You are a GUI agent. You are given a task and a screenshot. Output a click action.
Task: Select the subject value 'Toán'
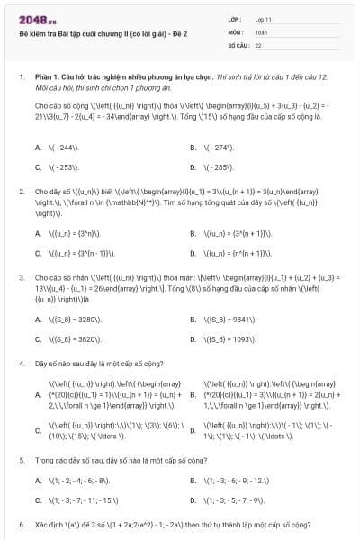point(261,31)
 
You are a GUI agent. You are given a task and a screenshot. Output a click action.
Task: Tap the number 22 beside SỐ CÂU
point(258,44)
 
